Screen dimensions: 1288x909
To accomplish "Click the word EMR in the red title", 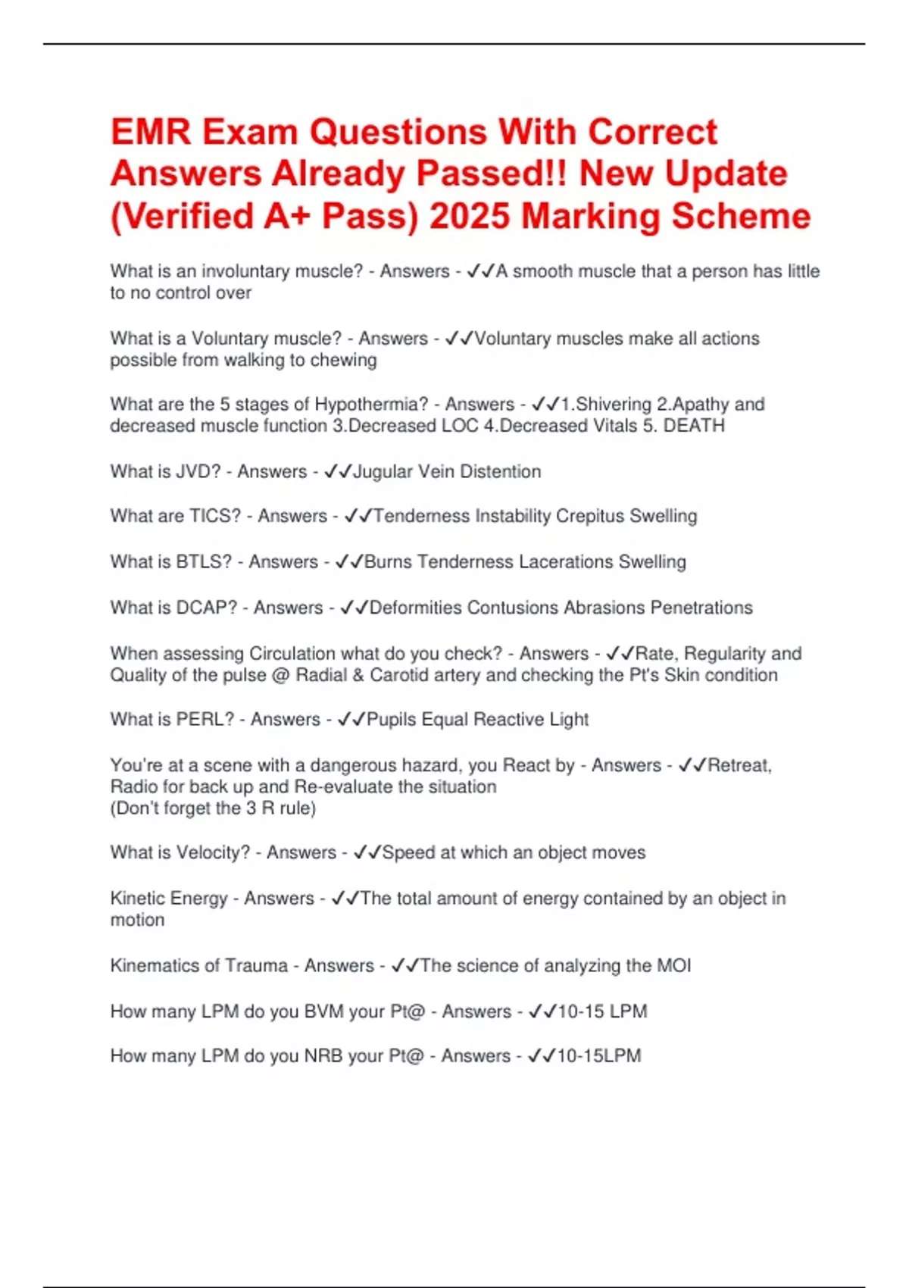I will click(x=150, y=133).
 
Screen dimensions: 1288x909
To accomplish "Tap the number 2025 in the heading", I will click(x=470, y=216).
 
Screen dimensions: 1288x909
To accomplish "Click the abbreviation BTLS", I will click(x=204, y=561).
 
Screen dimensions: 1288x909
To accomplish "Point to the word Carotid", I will click(x=398, y=675).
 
